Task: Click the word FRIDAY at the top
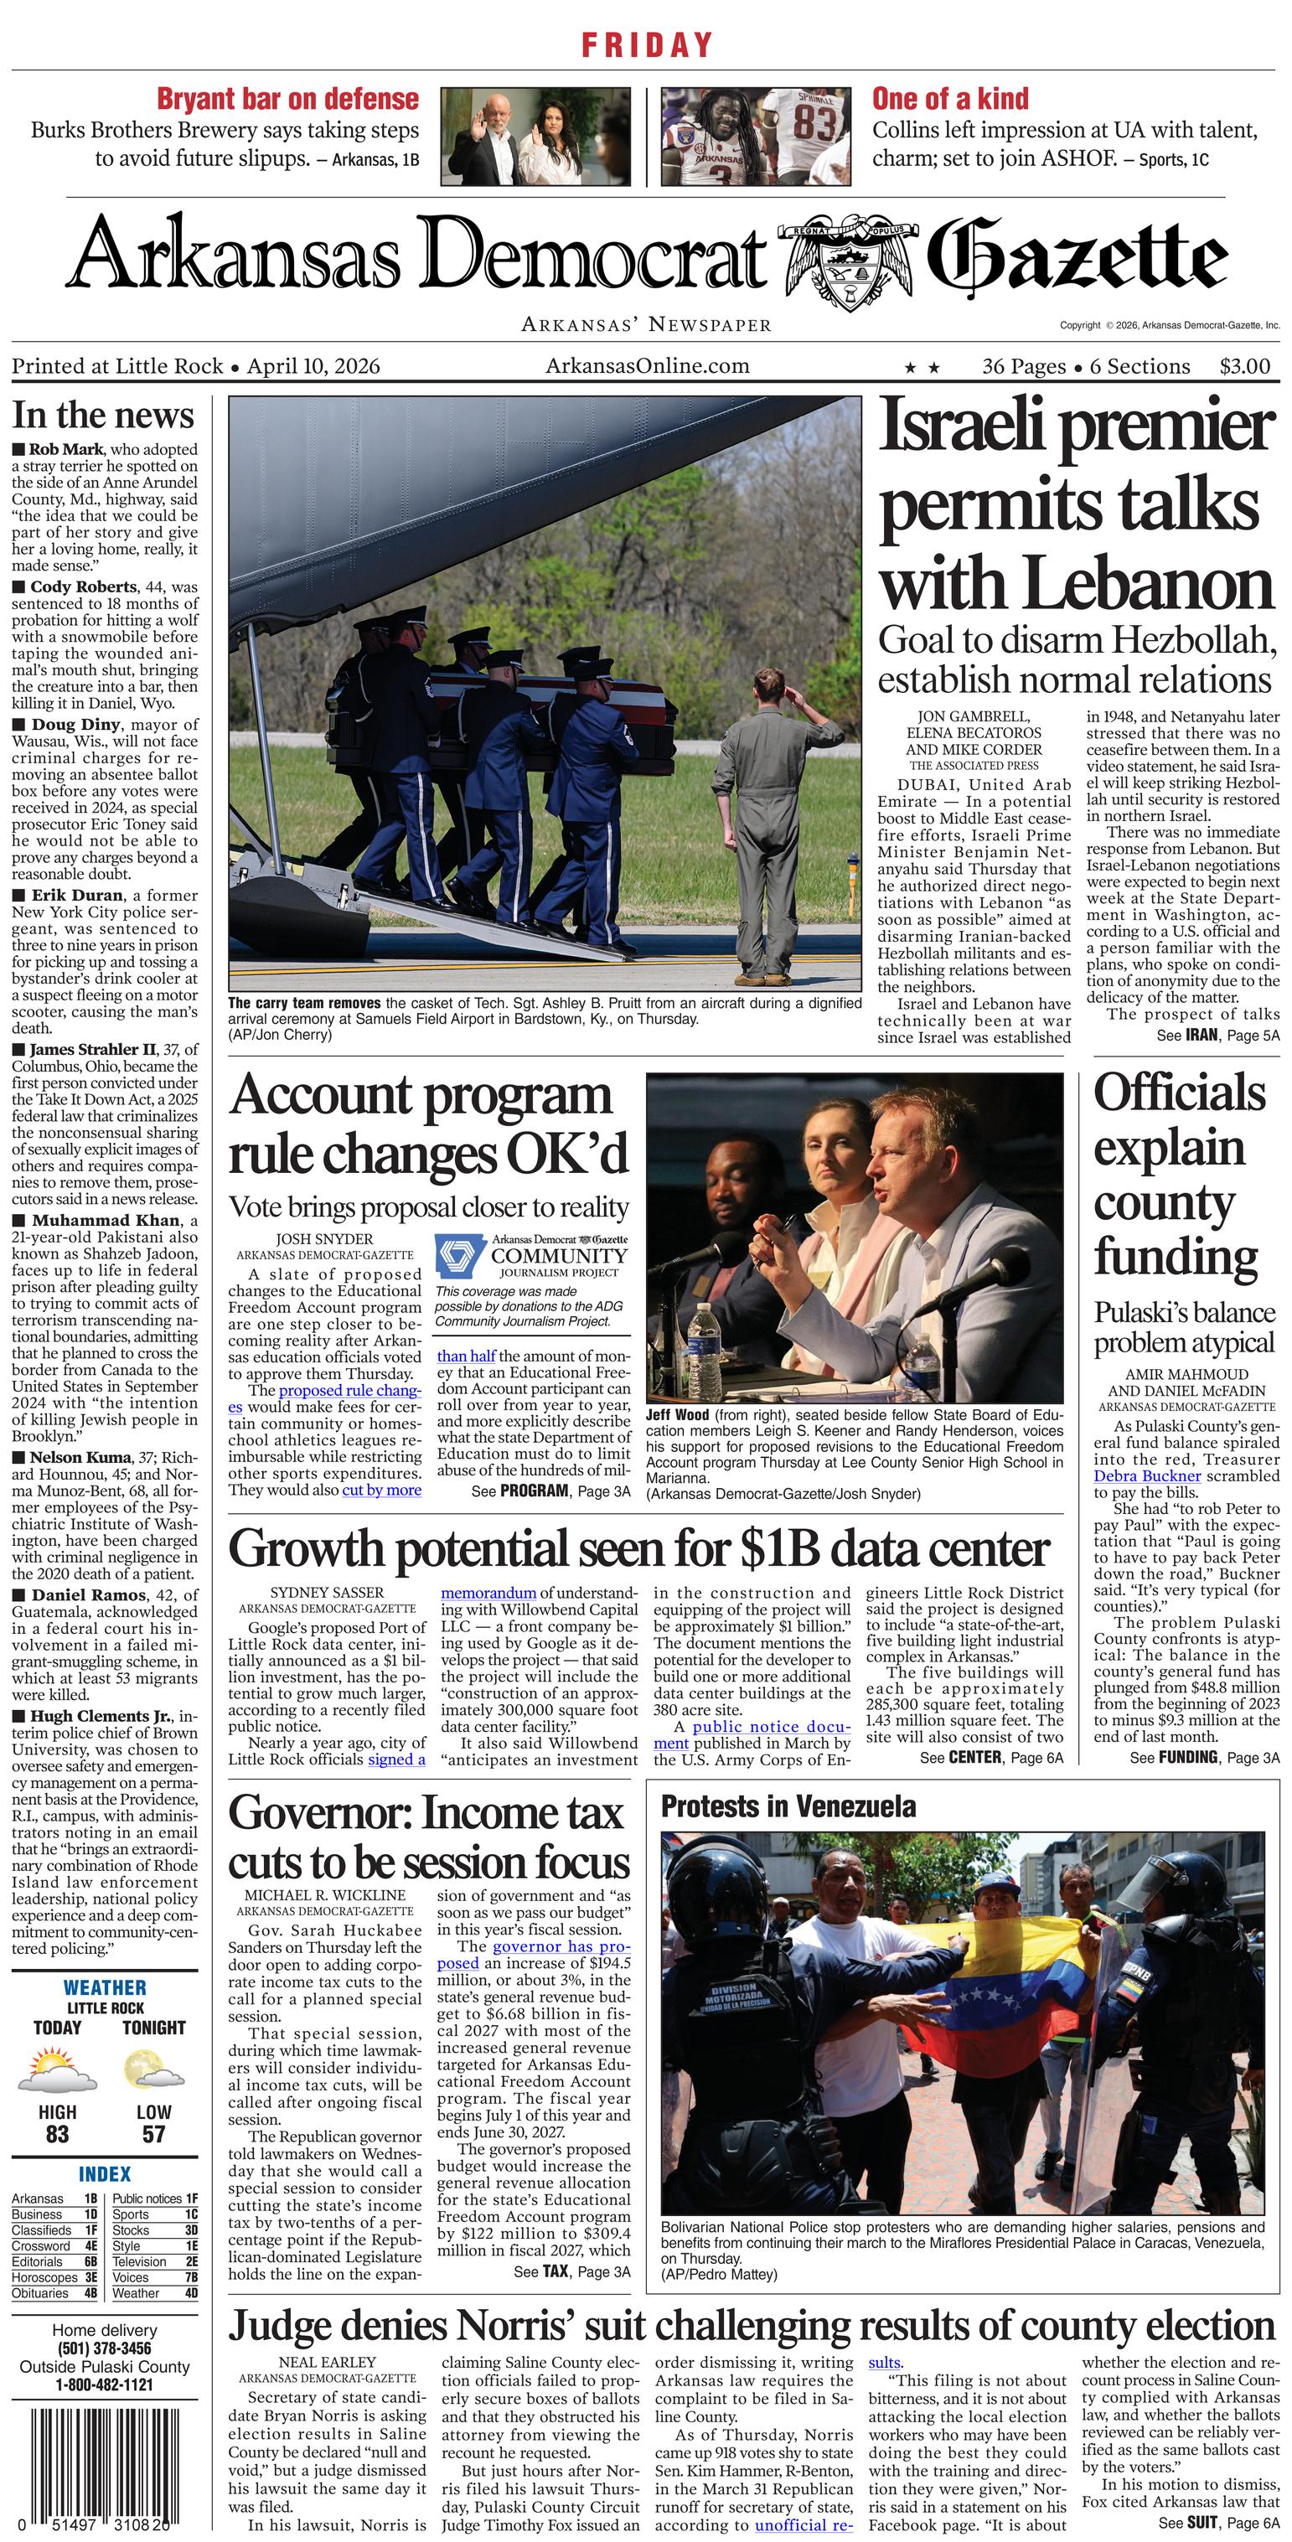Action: tap(647, 45)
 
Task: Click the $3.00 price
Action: tap(1244, 366)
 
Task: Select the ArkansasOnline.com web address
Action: tap(647, 366)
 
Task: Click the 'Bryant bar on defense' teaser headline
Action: tap(287, 99)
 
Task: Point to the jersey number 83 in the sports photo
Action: tap(814, 124)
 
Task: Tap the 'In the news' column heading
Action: tap(103, 415)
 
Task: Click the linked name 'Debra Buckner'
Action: tap(1147, 1476)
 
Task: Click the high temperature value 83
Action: tap(57, 2133)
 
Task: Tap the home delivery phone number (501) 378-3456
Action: tap(104, 2348)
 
